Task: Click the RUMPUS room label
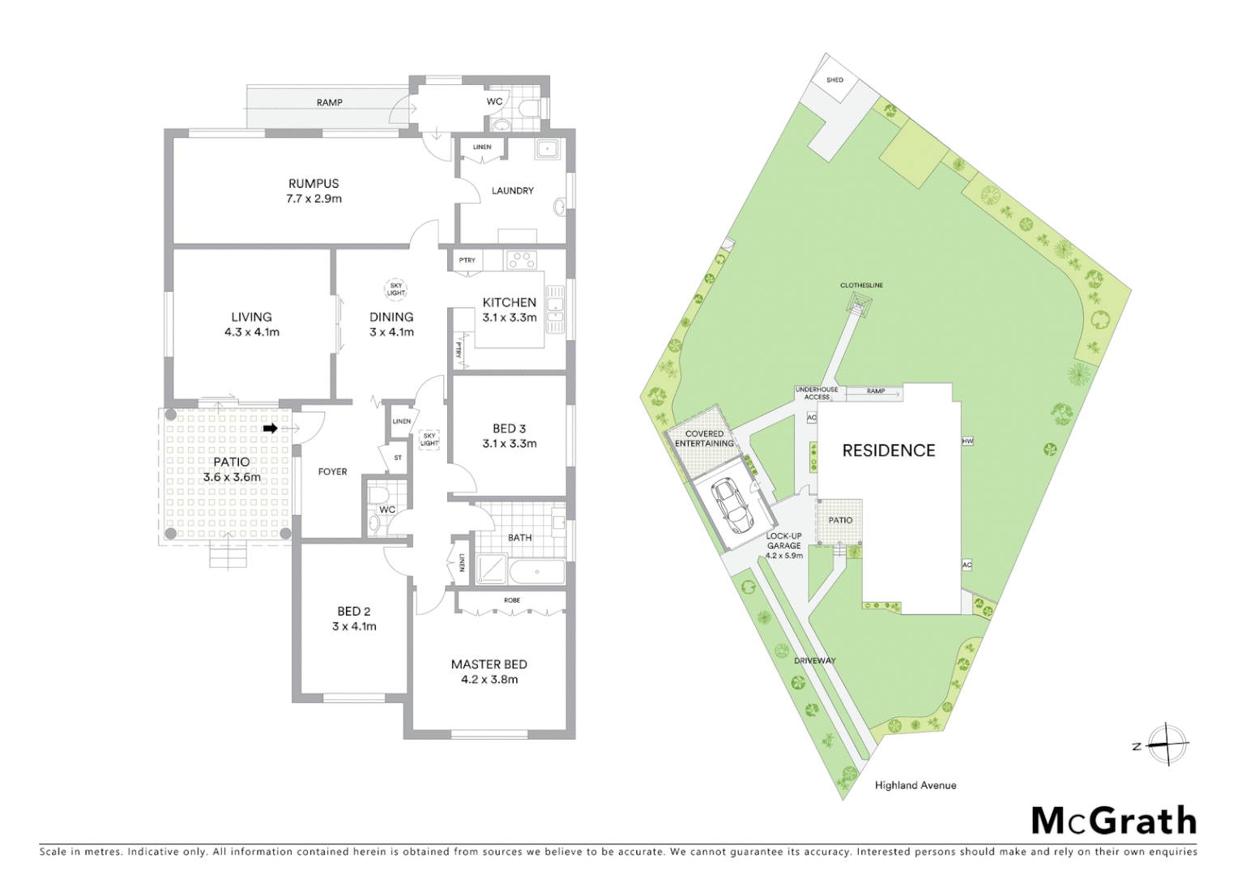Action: pos(314,184)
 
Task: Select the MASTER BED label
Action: pos(489,664)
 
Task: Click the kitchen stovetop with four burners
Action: pos(522,260)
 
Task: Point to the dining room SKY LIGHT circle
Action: pos(395,289)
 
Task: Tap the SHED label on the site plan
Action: pos(835,80)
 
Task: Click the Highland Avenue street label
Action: pos(916,785)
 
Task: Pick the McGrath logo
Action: pos(1113,821)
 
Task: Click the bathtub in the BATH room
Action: pos(536,572)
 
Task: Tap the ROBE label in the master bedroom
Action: pos(512,600)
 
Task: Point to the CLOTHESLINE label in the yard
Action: pos(861,285)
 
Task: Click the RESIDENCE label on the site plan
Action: pos(888,450)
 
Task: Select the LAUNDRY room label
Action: pos(512,190)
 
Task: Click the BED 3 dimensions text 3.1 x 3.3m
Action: pos(509,443)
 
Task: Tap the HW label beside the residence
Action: pos(967,441)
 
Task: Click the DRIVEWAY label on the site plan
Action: pos(814,660)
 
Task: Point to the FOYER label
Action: pos(332,472)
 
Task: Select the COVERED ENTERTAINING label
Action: pos(704,438)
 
